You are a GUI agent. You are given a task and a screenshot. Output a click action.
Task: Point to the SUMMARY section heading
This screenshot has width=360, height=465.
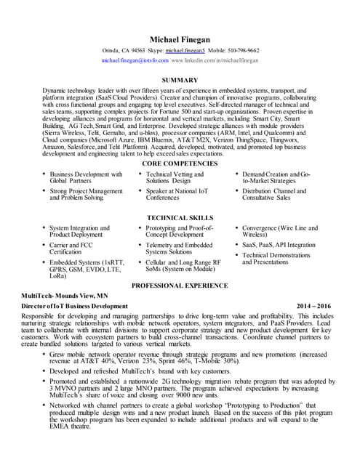click(180, 79)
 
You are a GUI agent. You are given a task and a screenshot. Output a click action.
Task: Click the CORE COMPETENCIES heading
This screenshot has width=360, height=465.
click(180, 164)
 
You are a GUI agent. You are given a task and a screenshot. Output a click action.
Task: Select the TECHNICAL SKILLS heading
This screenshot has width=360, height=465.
click(180, 217)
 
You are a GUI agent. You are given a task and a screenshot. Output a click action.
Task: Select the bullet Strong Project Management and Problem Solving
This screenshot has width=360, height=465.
click(86, 194)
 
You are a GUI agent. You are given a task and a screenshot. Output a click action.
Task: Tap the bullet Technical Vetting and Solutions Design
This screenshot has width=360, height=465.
click(175, 178)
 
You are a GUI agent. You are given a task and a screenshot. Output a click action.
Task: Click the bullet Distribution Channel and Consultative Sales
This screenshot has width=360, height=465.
click(277, 194)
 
